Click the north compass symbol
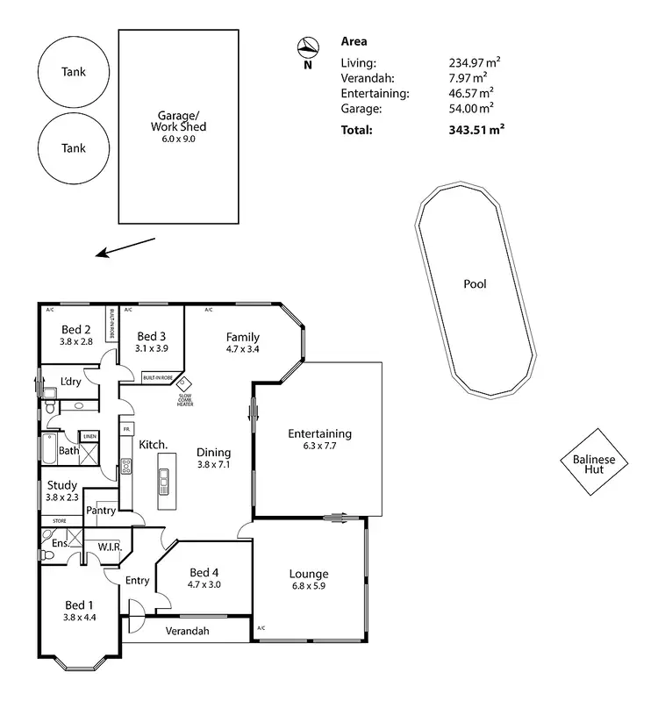(x=307, y=47)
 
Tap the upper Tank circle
(x=74, y=73)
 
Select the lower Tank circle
(x=74, y=148)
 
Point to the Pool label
(x=475, y=284)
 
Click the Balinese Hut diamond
(x=596, y=464)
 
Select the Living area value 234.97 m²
(x=472, y=62)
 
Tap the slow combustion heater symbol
(x=184, y=383)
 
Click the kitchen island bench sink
(x=164, y=478)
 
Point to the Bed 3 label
(x=152, y=336)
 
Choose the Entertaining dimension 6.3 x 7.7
(x=319, y=446)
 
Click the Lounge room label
(x=309, y=575)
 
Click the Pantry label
(x=101, y=511)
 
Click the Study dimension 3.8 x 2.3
(x=61, y=498)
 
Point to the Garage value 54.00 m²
(x=471, y=107)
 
